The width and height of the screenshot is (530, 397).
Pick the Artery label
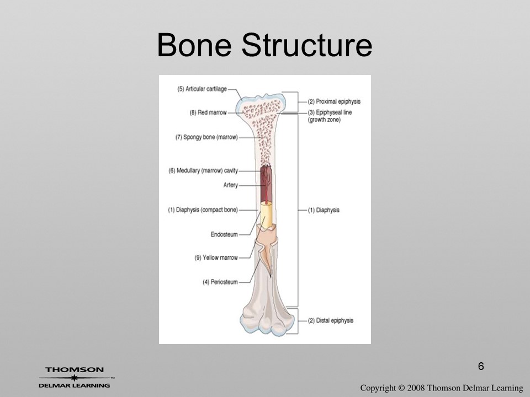pos(231,185)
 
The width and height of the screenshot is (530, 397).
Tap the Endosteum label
pos(224,234)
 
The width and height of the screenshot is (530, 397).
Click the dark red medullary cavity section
pos(266,184)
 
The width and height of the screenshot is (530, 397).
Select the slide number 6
pos(481,366)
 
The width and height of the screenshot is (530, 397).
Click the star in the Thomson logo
pos(74,377)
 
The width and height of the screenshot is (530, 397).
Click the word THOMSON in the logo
pos(75,369)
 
